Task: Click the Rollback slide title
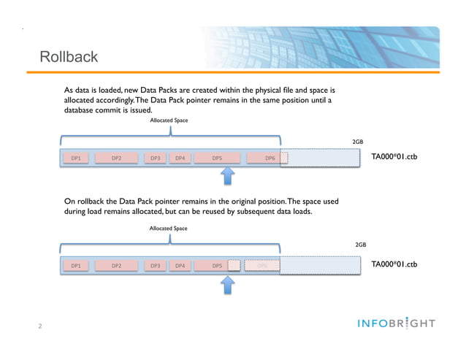[x=69, y=57]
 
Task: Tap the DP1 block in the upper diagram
[x=75, y=157]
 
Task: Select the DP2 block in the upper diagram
[x=117, y=157]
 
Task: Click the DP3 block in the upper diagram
[x=155, y=157]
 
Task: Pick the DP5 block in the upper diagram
[x=217, y=157]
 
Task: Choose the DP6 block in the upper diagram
[x=270, y=157]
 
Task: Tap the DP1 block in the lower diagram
[x=75, y=266]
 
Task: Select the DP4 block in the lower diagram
[x=180, y=266]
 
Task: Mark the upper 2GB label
[x=358, y=142]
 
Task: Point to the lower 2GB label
[x=360, y=246]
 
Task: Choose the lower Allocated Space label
[x=168, y=229]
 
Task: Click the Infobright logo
[x=397, y=323]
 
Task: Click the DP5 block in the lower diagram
[x=217, y=266]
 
